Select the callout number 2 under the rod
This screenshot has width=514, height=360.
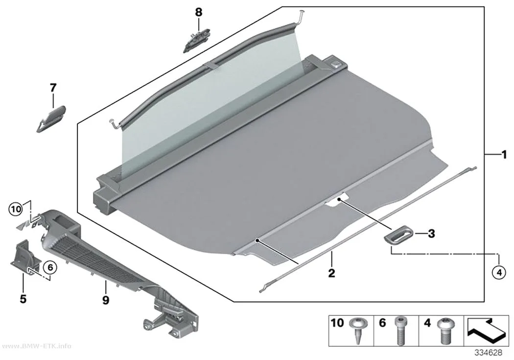(332, 273)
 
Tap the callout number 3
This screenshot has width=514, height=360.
(431, 234)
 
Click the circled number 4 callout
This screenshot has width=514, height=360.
(499, 273)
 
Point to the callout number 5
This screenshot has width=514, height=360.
(23, 299)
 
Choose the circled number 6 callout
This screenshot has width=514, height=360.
(50, 268)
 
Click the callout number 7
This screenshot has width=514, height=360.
(53, 88)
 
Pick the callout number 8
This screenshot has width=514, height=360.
(199, 12)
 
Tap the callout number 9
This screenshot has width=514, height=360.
(106, 299)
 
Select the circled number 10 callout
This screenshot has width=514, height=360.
(16, 209)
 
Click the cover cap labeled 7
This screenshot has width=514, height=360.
(51, 119)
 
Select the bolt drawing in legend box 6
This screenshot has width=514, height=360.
(399, 331)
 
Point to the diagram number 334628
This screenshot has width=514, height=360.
(489, 353)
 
